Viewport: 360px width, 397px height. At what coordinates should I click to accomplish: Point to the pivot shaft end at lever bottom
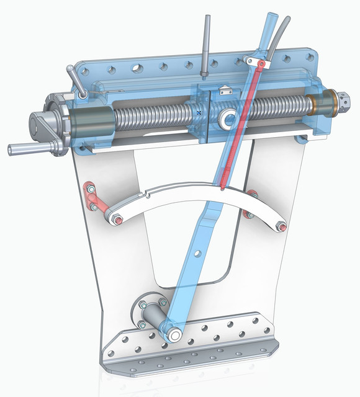pos(174,335)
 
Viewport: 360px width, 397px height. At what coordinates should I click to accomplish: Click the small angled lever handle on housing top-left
pos(78,84)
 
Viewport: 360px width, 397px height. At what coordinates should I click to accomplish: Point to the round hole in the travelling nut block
pos(228,117)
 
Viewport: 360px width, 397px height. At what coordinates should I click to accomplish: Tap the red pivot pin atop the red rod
pos(261,63)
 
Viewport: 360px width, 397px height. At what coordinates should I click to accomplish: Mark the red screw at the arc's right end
pos(283,226)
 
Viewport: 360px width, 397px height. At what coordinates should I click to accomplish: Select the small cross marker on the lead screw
pos(198,112)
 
